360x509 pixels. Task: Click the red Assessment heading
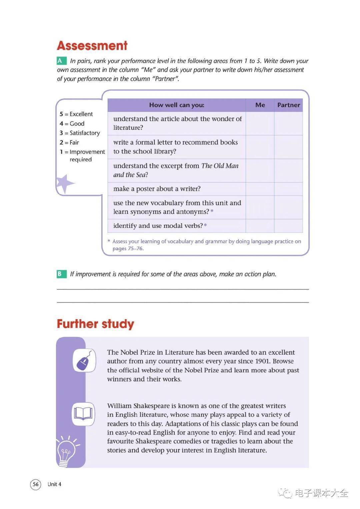point(92,46)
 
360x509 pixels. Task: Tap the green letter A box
point(60,61)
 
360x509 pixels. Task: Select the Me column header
point(260,105)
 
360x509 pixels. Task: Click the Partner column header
point(288,105)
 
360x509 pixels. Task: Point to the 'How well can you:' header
point(177,105)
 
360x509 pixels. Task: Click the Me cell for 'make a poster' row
point(260,189)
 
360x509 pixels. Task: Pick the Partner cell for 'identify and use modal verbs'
point(288,226)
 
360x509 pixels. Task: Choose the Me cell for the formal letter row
point(260,147)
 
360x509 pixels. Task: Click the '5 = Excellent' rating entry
point(76,114)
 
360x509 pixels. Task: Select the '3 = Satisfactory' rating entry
point(80,133)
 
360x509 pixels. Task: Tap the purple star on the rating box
point(64,183)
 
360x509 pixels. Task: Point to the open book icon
point(83,414)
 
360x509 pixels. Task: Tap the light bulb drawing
point(67,451)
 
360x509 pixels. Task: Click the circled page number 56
point(36,484)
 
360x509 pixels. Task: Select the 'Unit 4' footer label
point(54,484)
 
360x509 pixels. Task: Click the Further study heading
point(95,324)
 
